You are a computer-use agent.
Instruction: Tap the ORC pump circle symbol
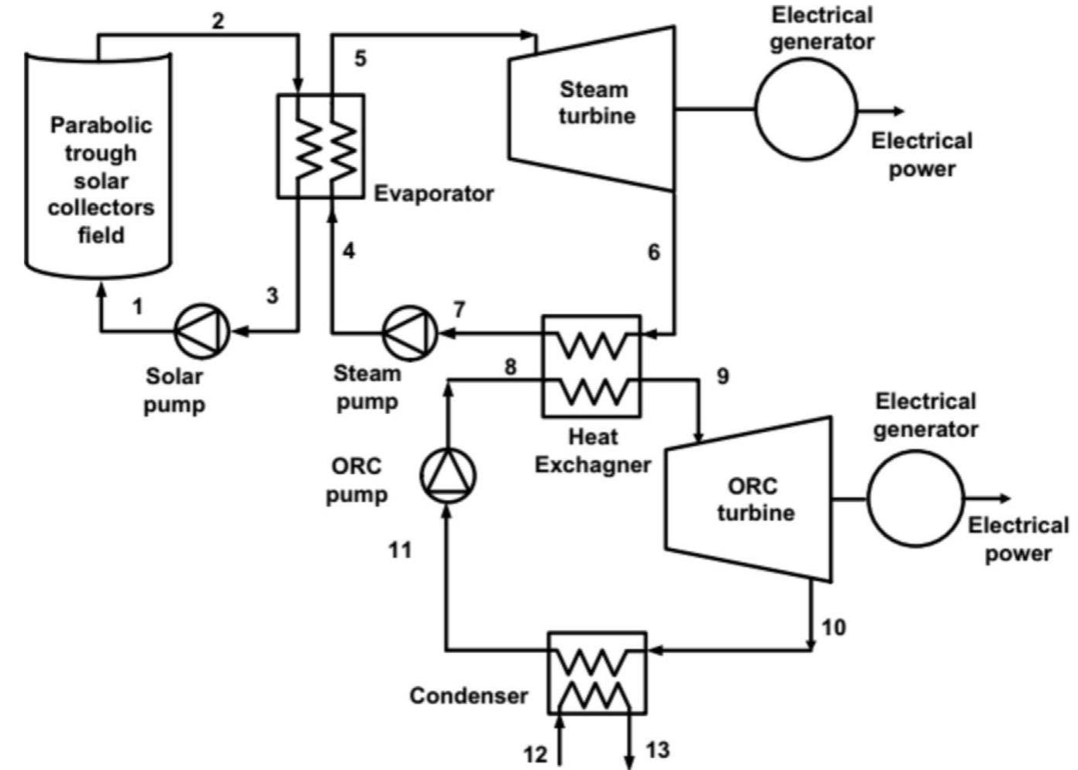[x=448, y=475]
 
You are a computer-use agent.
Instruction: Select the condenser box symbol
[x=597, y=672]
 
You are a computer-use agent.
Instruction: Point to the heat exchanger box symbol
[x=591, y=366]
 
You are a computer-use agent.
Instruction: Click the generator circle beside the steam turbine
[x=806, y=109]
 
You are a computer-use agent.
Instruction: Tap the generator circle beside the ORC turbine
[x=916, y=499]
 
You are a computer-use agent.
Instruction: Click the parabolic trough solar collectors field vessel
[x=99, y=167]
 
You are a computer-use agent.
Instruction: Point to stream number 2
[x=218, y=21]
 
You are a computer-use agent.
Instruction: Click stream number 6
[x=654, y=252]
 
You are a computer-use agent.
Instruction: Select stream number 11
[x=400, y=550]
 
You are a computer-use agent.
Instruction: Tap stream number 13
[x=657, y=750]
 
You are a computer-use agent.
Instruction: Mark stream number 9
[x=722, y=376]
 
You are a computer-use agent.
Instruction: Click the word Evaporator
[x=433, y=193]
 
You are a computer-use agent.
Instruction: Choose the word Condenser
[x=468, y=696]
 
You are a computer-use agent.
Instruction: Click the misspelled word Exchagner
[x=593, y=464]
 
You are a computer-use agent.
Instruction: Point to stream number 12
[x=535, y=754]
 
